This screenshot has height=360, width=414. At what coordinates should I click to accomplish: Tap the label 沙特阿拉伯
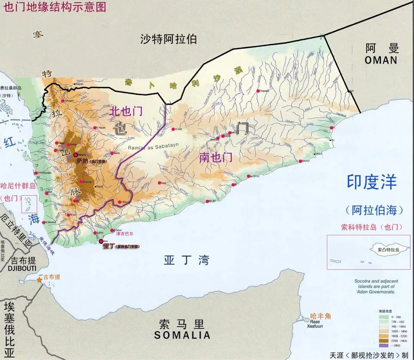[x=168, y=39]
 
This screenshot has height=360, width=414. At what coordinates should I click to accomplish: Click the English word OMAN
[x=381, y=60]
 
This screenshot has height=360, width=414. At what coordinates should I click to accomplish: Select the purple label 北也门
[x=126, y=111]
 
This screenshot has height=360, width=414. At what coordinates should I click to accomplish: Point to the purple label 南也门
[x=216, y=157]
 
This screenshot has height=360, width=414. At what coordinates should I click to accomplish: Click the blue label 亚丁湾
[x=186, y=261]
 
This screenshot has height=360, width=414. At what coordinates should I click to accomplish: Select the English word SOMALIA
[x=182, y=335]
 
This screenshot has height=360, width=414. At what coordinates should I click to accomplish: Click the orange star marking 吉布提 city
[x=39, y=280]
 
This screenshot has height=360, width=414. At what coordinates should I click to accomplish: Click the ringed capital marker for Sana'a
[x=75, y=154]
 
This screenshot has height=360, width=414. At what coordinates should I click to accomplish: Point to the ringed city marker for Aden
[x=101, y=241]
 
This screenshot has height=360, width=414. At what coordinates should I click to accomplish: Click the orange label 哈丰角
[x=320, y=317]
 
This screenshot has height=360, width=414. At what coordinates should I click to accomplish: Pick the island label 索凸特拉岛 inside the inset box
[x=388, y=249]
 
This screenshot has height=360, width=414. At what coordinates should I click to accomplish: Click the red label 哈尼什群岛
[x=18, y=186]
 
